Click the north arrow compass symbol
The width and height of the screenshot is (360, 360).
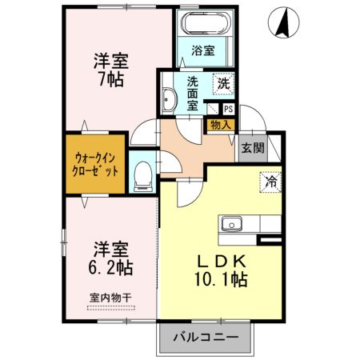[x=283, y=22]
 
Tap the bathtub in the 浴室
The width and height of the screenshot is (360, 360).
[x=205, y=22]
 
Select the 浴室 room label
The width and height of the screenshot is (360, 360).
[x=203, y=50]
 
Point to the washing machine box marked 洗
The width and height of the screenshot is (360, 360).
[x=223, y=84]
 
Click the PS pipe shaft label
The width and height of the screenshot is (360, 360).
[x=229, y=109]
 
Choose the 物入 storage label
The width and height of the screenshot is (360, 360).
[x=221, y=125]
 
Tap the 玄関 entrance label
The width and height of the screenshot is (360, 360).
[x=253, y=148]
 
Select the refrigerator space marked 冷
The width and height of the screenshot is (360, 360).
[x=270, y=182]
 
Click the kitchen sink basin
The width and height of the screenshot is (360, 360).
[x=232, y=224]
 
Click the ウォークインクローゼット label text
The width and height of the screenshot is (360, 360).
[x=95, y=165]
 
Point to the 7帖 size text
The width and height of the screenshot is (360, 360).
[x=111, y=79]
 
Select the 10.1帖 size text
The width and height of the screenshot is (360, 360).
[x=221, y=279]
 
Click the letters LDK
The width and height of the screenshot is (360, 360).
[x=221, y=262]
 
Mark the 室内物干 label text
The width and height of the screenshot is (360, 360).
[x=110, y=298]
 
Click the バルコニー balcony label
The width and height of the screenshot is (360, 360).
[x=206, y=338]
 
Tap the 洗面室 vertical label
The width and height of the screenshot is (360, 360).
[x=192, y=94]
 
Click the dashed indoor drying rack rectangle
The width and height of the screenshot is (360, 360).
[x=111, y=308]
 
